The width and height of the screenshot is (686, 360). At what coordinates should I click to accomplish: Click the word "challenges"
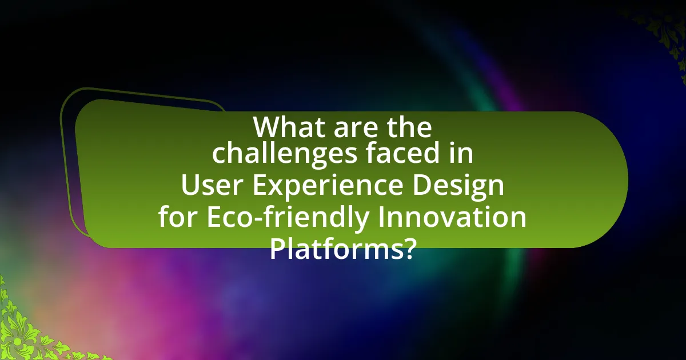coord(285,154)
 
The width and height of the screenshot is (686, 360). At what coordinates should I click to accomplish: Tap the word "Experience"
coord(328,186)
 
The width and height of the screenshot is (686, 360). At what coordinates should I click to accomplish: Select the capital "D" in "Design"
coord(422,186)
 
